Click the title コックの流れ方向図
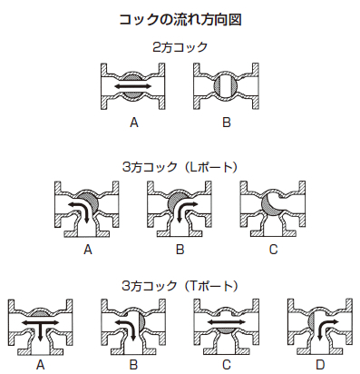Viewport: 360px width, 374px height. (x=180, y=18)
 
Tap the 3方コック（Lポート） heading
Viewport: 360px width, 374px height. (x=180, y=166)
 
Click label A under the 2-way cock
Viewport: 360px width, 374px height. (x=134, y=120)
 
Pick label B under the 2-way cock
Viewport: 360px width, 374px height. (x=229, y=120)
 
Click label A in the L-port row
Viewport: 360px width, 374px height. (x=88, y=248)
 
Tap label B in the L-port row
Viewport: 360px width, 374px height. (x=180, y=248)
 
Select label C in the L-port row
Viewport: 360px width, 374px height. (x=272, y=248)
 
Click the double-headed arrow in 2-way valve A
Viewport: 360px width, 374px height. (x=134, y=87)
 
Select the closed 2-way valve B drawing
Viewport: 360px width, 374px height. (x=228, y=87)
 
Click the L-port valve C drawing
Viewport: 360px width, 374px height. (x=272, y=208)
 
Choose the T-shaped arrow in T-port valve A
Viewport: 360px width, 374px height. (x=41, y=325)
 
